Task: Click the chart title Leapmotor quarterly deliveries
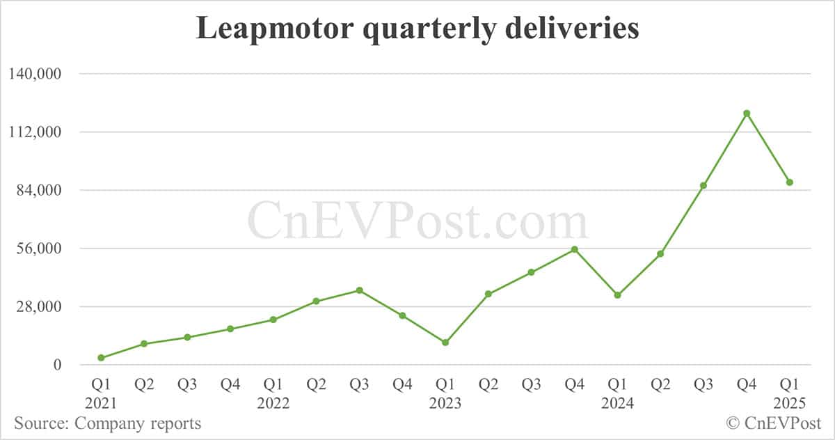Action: click(x=417, y=30)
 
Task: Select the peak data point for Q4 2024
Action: click(x=747, y=113)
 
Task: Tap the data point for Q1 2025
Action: click(x=790, y=182)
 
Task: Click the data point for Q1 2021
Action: click(x=101, y=358)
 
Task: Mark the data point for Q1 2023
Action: click(x=445, y=343)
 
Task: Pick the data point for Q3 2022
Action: click(x=359, y=290)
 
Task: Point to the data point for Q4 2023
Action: click(x=575, y=249)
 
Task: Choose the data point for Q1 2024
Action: click(x=617, y=295)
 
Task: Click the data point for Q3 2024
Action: click(x=703, y=185)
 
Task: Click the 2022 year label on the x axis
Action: click(x=273, y=403)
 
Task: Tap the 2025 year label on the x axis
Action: click(x=790, y=403)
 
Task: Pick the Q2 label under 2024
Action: click(x=660, y=385)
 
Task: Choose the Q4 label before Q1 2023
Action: click(x=402, y=385)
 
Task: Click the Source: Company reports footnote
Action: click(x=107, y=423)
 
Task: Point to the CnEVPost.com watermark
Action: click(x=417, y=221)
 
